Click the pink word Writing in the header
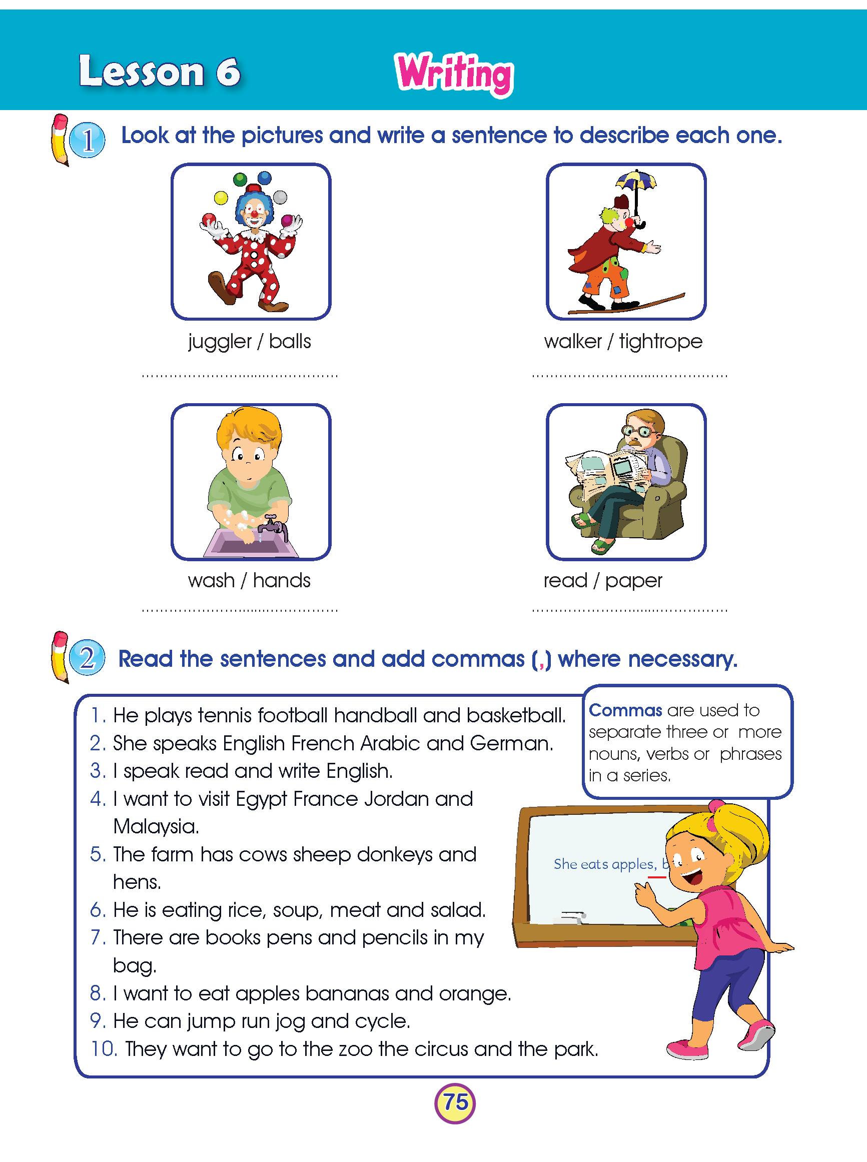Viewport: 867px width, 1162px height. tap(454, 73)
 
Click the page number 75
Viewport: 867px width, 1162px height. tap(455, 1102)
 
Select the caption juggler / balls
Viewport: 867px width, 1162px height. tap(249, 342)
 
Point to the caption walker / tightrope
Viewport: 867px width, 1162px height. tap(623, 342)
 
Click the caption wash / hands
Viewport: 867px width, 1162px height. tap(249, 581)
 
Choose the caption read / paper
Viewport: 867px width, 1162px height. tap(602, 581)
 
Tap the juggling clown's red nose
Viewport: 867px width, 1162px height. tap(255, 215)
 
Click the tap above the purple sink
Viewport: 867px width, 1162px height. tap(272, 525)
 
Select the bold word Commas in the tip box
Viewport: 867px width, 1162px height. tap(625, 710)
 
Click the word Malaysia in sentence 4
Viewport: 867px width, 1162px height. tap(156, 827)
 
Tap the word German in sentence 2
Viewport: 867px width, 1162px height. tap(511, 743)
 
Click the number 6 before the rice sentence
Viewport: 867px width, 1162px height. tap(97, 910)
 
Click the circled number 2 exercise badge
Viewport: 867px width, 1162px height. tap(87, 657)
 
